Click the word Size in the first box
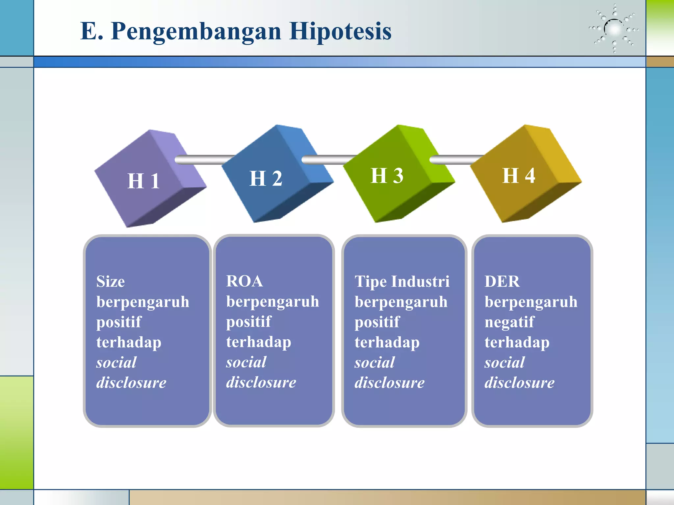click(x=111, y=282)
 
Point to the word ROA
click(x=245, y=281)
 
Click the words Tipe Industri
click(x=402, y=282)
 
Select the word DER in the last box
click(x=502, y=282)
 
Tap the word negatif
click(x=509, y=322)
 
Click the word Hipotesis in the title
click(x=340, y=31)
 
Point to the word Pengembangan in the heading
click(x=196, y=32)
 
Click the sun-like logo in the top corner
click(x=614, y=29)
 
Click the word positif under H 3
click(x=377, y=322)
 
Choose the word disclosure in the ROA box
click(x=261, y=382)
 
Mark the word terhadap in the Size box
click(x=129, y=342)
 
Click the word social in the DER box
click(x=505, y=363)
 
